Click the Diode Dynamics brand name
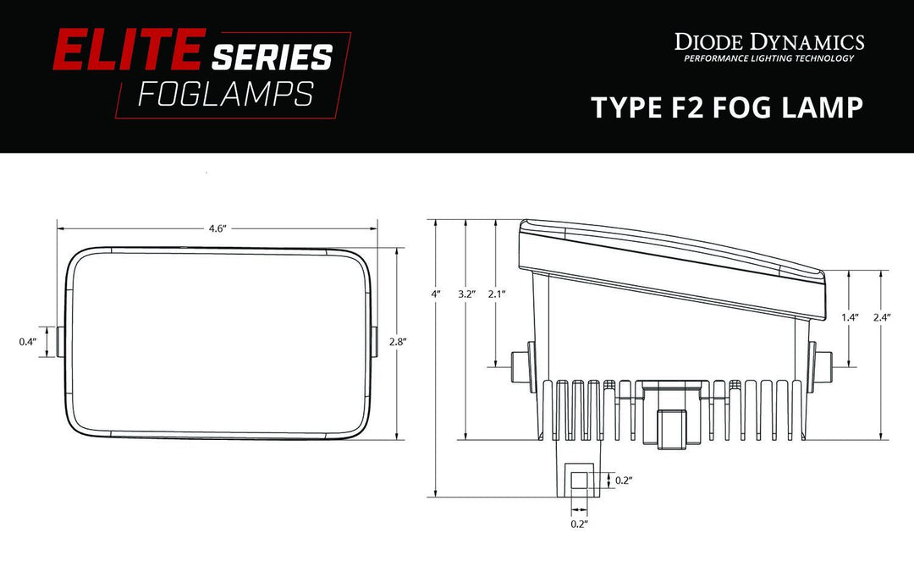(768, 41)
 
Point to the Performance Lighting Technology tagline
(768, 58)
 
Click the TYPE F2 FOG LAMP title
(726, 107)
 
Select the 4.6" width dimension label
(217, 229)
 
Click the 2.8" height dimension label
(398, 342)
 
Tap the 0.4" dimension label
(27, 342)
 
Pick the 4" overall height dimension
(436, 294)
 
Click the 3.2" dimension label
(466, 294)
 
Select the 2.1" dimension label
(496, 294)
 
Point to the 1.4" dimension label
(851, 317)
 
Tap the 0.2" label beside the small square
(623, 481)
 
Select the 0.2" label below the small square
(580, 525)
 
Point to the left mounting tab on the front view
(62, 341)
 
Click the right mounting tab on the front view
(373, 341)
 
